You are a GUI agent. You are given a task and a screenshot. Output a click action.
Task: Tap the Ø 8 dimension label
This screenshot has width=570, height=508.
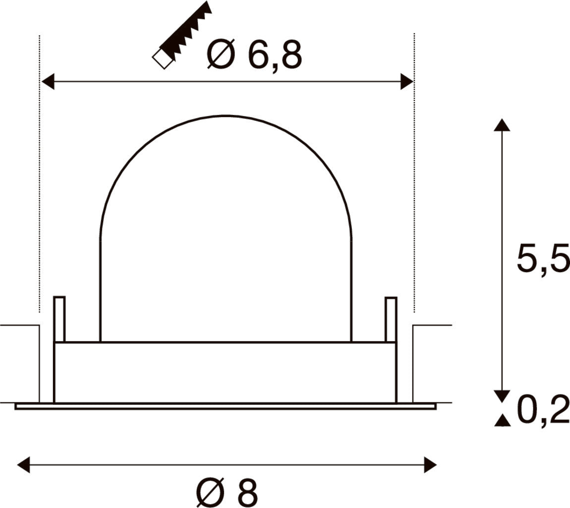[227, 492]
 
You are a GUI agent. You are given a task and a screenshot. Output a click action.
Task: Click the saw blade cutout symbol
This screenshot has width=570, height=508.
[182, 36]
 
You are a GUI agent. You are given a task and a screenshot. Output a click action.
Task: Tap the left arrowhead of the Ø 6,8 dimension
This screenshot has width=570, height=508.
[49, 81]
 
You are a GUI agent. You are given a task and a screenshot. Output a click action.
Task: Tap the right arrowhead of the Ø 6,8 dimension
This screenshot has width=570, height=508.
[407, 81]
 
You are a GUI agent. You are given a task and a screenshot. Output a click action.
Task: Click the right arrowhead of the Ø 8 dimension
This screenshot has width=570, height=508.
[430, 465]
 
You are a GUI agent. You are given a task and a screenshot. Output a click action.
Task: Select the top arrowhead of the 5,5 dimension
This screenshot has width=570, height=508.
[502, 124]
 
